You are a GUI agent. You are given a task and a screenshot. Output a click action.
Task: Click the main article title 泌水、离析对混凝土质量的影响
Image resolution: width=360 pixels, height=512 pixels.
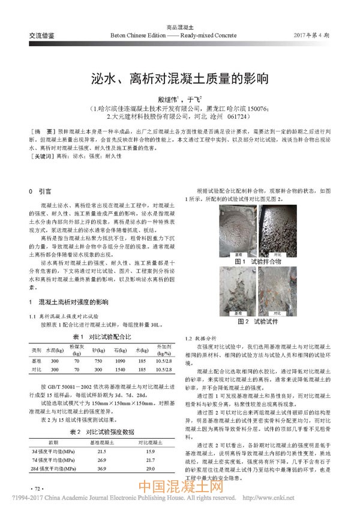point(180,79)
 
